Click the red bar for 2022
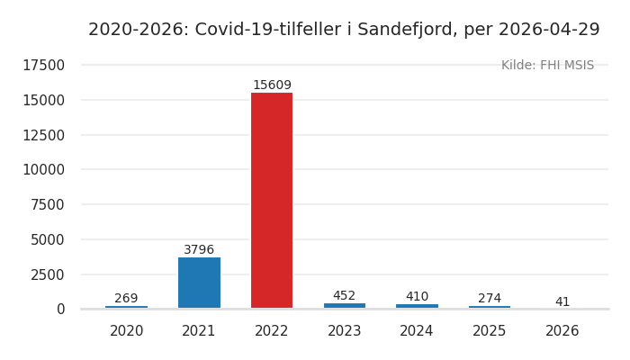pyautogui.click(x=272, y=200)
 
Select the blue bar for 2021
pyautogui.click(x=199, y=283)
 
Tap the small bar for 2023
pyautogui.click(x=345, y=306)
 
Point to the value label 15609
pyautogui.click(x=272, y=85)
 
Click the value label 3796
pyautogui.click(x=199, y=250)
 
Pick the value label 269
pyautogui.click(x=126, y=299)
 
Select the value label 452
pyautogui.click(x=345, y=296)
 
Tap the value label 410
pyautogui.click(x=417, y=297)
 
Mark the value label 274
pyautogui.click(x=490, y=299)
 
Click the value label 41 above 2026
pyautogui.click(x=562, y=302)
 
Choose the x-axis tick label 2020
pyautogui.click(x=126, y=331)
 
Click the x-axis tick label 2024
pyautogui.click(x=417, y=331)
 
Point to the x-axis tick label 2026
pyautogui.click(x=562, y=331)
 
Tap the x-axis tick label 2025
pyautogui.click(x=490, y=331)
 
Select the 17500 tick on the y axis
pyautogui.click(x=43, y=66)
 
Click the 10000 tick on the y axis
pyautogui.click(x=43, y=170)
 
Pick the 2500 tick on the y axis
pyautogui.click(x=48, y=274)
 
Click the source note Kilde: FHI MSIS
pyautogui.click(x=547, y=66)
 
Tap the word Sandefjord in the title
pyautogui.click(x=405, y=30)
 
